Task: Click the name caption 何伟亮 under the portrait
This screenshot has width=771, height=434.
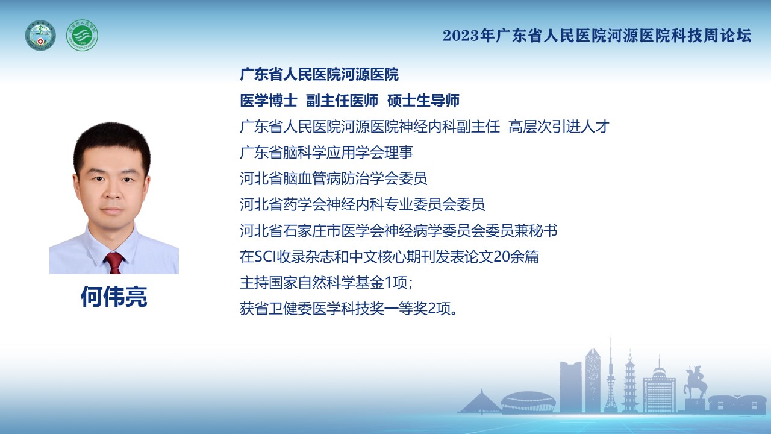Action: point(114,296)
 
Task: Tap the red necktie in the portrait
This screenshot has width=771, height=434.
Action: point(114,262)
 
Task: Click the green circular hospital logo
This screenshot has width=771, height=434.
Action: point(82,35)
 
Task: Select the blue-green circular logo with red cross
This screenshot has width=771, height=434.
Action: point(40,35)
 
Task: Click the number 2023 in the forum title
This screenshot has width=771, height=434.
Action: point(461,36)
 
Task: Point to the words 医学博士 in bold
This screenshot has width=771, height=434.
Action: point(269,101)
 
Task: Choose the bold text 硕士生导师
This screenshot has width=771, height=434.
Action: point(423,101)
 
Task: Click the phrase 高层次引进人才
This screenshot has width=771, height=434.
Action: point(559,127)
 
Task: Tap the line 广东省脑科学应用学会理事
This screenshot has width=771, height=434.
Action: point(326,153)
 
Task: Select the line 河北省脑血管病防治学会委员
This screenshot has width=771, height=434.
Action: point(334,178)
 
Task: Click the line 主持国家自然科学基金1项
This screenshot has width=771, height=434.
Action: point(326,283)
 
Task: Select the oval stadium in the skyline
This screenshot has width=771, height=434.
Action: point(528,402)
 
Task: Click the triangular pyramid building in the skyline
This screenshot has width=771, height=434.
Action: point(480,401)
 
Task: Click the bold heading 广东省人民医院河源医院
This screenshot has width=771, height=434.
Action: point(319,74)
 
